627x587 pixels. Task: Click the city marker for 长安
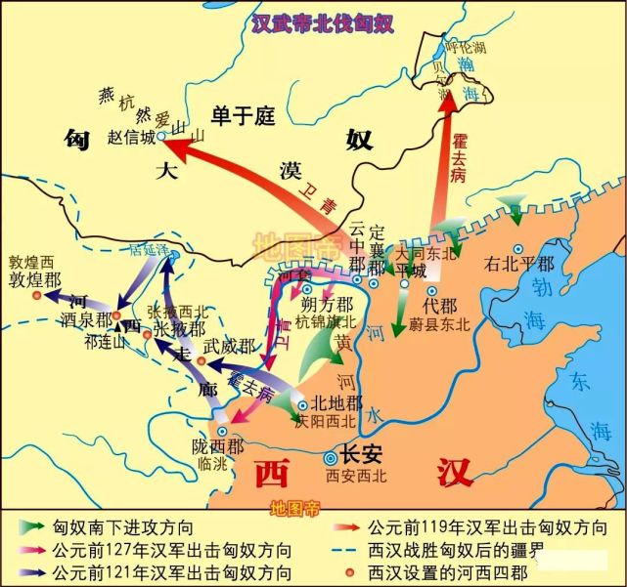click(332, 456)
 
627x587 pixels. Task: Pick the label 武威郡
click(228, 346)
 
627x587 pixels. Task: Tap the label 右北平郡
click(518, 264)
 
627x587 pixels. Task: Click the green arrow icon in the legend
click(33, 526)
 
